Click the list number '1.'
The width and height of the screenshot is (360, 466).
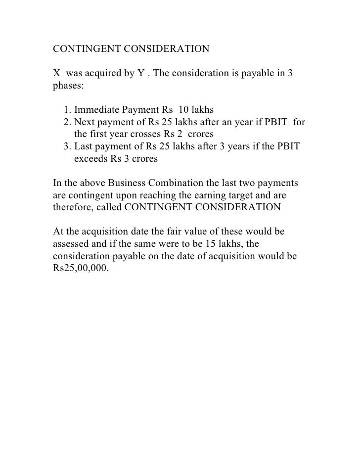point(68,109)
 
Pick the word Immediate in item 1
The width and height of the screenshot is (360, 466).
point(97,109)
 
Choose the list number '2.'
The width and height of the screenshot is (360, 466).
point(68,122)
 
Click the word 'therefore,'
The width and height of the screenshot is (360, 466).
point(72,207)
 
